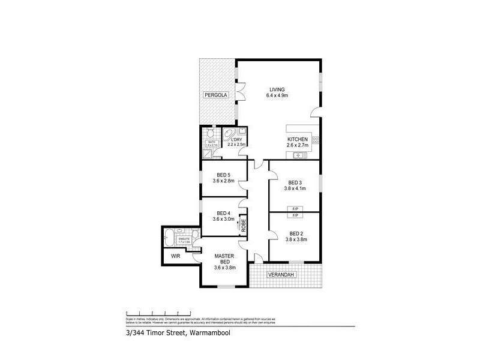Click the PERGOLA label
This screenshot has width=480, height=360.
click(x=215, y=95)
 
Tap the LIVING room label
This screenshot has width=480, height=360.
click(x=277, y=89)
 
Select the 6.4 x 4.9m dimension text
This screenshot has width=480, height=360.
click(x=277, y=95)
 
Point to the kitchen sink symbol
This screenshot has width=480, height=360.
click(x=298, y=156)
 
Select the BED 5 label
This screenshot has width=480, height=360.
click(x=224, y=175)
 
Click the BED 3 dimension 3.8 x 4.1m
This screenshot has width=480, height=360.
click(x=295, y=188)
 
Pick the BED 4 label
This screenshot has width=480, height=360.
click(x=224, y=213)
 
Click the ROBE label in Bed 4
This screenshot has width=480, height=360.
click(x=244, y=225)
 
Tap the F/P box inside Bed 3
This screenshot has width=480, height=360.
click(x=295, y=208)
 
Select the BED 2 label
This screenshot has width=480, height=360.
click(x=295, y=233)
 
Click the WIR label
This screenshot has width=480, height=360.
click(x=175, y=256)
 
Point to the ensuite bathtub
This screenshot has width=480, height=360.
click(x=170, y=236)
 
